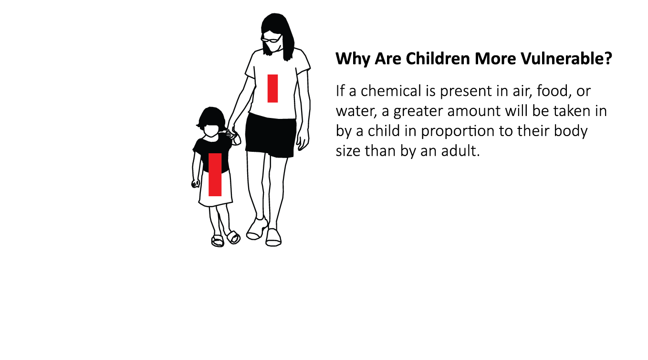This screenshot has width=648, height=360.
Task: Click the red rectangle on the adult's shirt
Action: tap(272, 88)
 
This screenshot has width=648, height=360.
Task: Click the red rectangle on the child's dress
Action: tap(215, 175)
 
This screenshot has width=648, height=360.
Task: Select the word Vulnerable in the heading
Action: tap(566, 59)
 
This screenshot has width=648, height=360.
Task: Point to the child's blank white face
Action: tap(211, 131)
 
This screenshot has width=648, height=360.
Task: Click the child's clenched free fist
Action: tap(196, 183)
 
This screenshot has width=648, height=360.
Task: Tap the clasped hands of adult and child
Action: tap(233, 134)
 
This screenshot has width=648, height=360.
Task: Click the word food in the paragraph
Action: tap(553, 91)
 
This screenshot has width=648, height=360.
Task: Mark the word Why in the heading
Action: tap(353, 59)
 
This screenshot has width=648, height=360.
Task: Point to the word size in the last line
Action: tap(347, 151)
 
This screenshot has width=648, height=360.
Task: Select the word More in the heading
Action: tap(495, 59)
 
